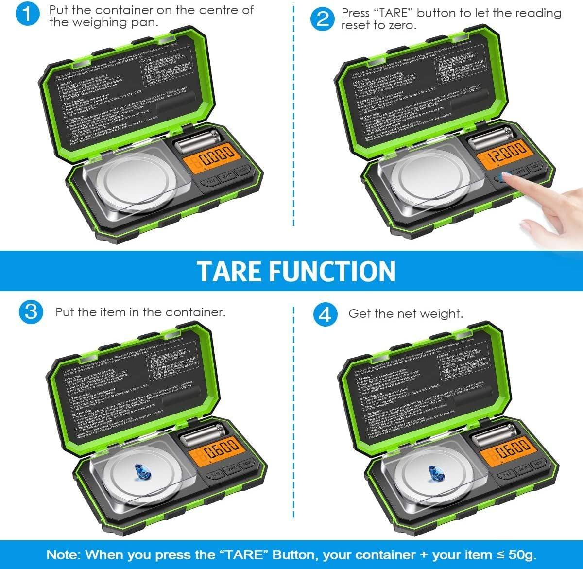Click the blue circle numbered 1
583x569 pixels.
click(x=28, y=14)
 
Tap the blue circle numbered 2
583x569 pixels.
click(x=323, y=18)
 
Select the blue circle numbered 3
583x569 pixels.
click(x=31, y=311)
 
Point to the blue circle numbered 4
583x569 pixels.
click(x=325, y=314)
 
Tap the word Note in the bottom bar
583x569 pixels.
click(x=63, y=555)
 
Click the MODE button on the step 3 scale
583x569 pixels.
click(x=247, y=465)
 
